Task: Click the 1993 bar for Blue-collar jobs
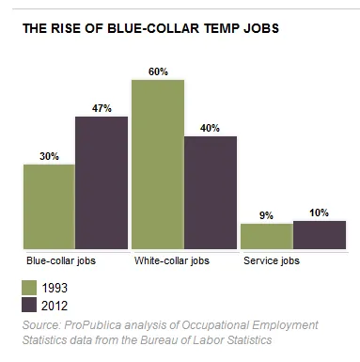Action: point(49,207)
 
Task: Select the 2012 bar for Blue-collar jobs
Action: point(102,182)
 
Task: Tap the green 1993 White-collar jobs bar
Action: point(158,165)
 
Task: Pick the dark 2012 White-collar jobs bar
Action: point(211,193)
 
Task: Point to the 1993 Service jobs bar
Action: point(267,236)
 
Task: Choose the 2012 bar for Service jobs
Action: point(320,235)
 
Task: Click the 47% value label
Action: point(102,108)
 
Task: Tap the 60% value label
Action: point(158,71)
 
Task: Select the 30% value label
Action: point(49,156)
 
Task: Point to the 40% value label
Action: point(210,128)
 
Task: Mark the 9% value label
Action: point(266,215)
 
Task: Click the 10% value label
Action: point(319,212)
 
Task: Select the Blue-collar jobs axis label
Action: point(61,260)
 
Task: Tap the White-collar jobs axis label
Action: point(172,260)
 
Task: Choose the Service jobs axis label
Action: point(272,260)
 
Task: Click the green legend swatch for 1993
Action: point(29,288)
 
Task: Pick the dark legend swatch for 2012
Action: point(29,306)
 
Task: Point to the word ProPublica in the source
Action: point(92,325)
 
